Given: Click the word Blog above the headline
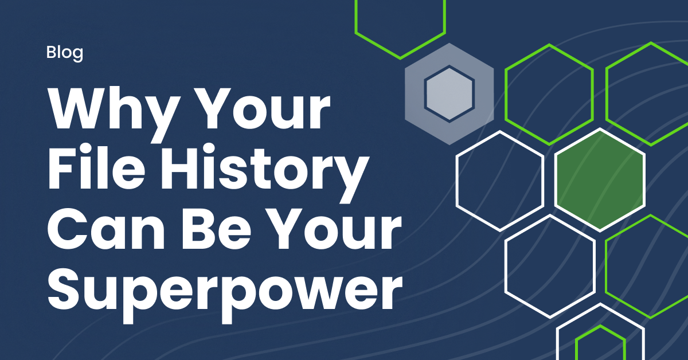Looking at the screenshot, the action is tap(64, 53).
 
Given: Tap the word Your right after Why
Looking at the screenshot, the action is tap(263, 108).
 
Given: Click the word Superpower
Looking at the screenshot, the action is tap(225, 294).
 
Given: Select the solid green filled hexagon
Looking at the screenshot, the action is tap(600, 180).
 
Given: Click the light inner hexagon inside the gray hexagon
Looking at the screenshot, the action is tap(449, 93).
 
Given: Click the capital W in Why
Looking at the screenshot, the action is tap(87, 108).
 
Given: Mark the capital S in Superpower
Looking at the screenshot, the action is tap(67, 289).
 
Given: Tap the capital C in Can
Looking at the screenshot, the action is tap(67, 229).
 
